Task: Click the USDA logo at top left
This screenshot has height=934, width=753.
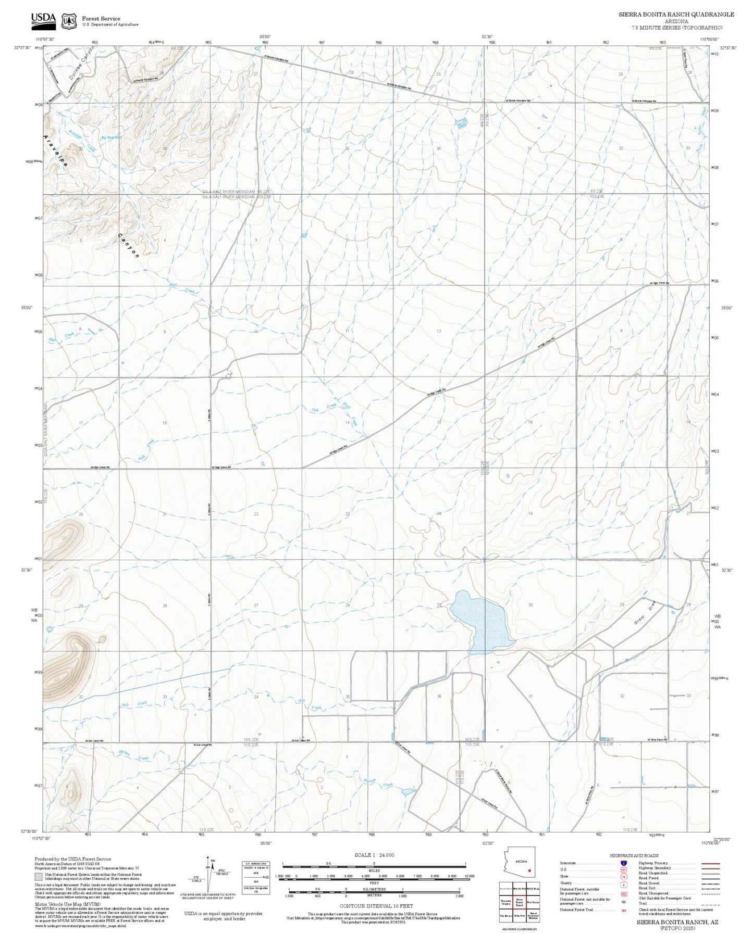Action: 43,19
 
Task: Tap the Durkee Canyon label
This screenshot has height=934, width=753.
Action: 82,63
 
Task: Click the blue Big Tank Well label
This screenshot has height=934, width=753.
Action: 110,137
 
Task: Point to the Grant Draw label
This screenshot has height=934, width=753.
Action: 644,614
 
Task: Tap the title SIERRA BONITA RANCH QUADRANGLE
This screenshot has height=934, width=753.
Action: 676,15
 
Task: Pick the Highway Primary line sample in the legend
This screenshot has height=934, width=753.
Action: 710,863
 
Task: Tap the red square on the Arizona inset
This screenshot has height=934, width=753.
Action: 529,870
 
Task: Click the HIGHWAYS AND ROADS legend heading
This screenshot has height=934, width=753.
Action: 634,855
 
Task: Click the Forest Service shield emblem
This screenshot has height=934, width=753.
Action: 69,21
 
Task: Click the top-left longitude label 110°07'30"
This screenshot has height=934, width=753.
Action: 45,39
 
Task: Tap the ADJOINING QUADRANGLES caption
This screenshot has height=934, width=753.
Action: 519,929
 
